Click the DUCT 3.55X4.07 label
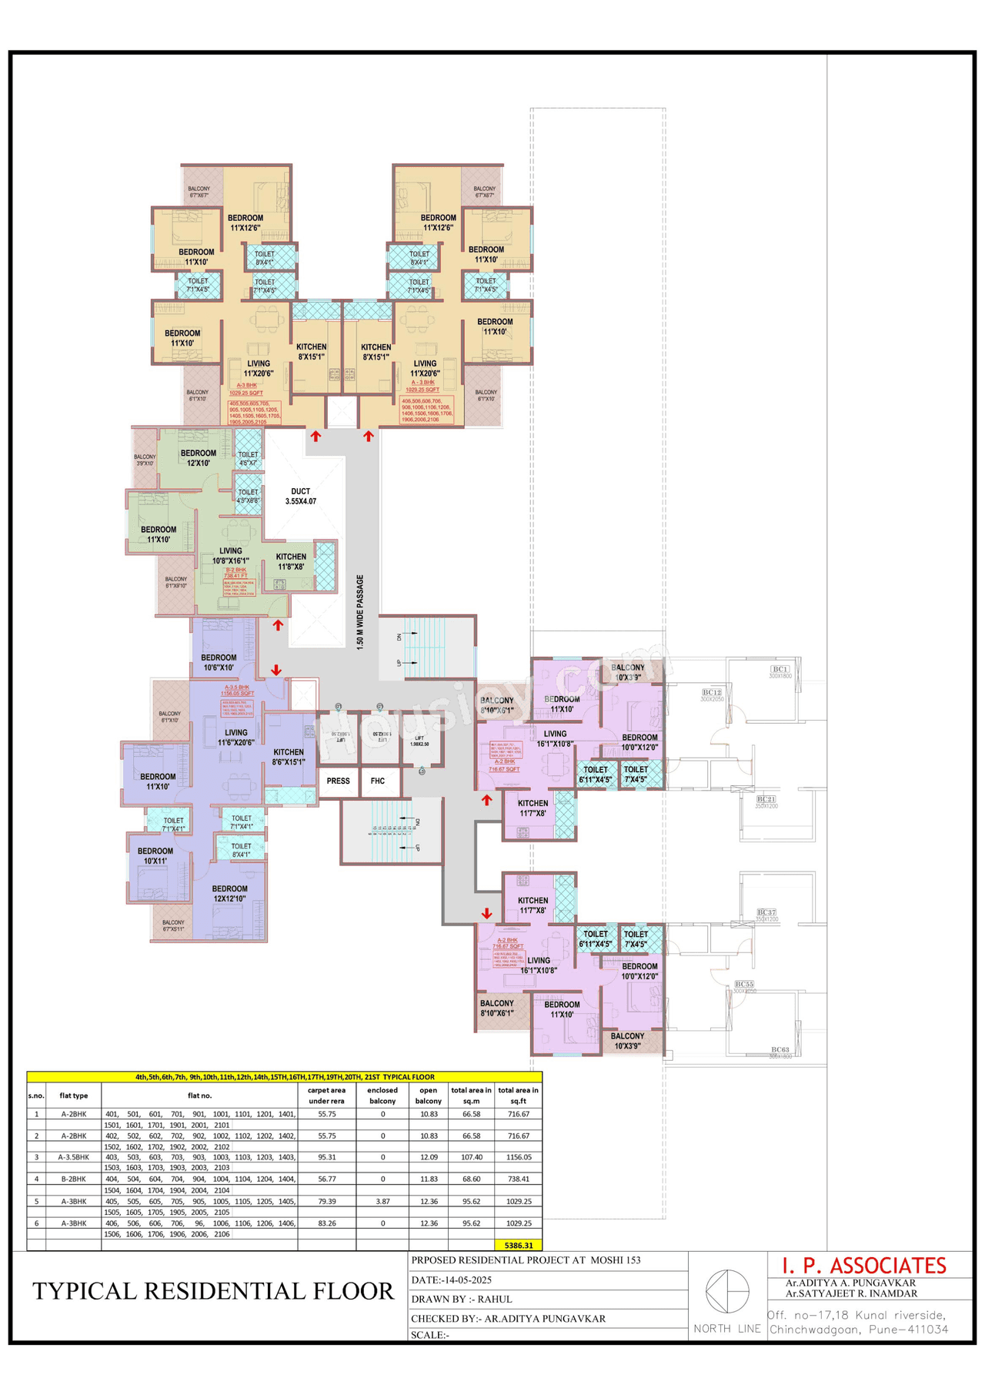(300, 496)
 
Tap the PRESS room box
(338, 781)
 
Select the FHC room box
(378, 781)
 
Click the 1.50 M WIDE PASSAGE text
(360, 612)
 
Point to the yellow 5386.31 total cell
(518, 1245)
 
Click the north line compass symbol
(727, 1291)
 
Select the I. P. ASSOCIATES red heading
(863, 1265)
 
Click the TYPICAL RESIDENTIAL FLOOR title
(213, 1291)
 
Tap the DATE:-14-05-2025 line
(452, 1280)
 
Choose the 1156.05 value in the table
(518, 1157)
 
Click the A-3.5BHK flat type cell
(74, 1157)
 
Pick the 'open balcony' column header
(428, 1096)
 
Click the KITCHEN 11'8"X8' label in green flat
(291, 561)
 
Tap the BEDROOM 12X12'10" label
(229, 893)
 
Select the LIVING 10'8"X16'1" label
(230, 556)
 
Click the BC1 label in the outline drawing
(780, 669)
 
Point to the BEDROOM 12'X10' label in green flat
(198, 458)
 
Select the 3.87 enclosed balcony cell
(382, 1201)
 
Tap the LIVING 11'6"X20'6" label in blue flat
(235, 738)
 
